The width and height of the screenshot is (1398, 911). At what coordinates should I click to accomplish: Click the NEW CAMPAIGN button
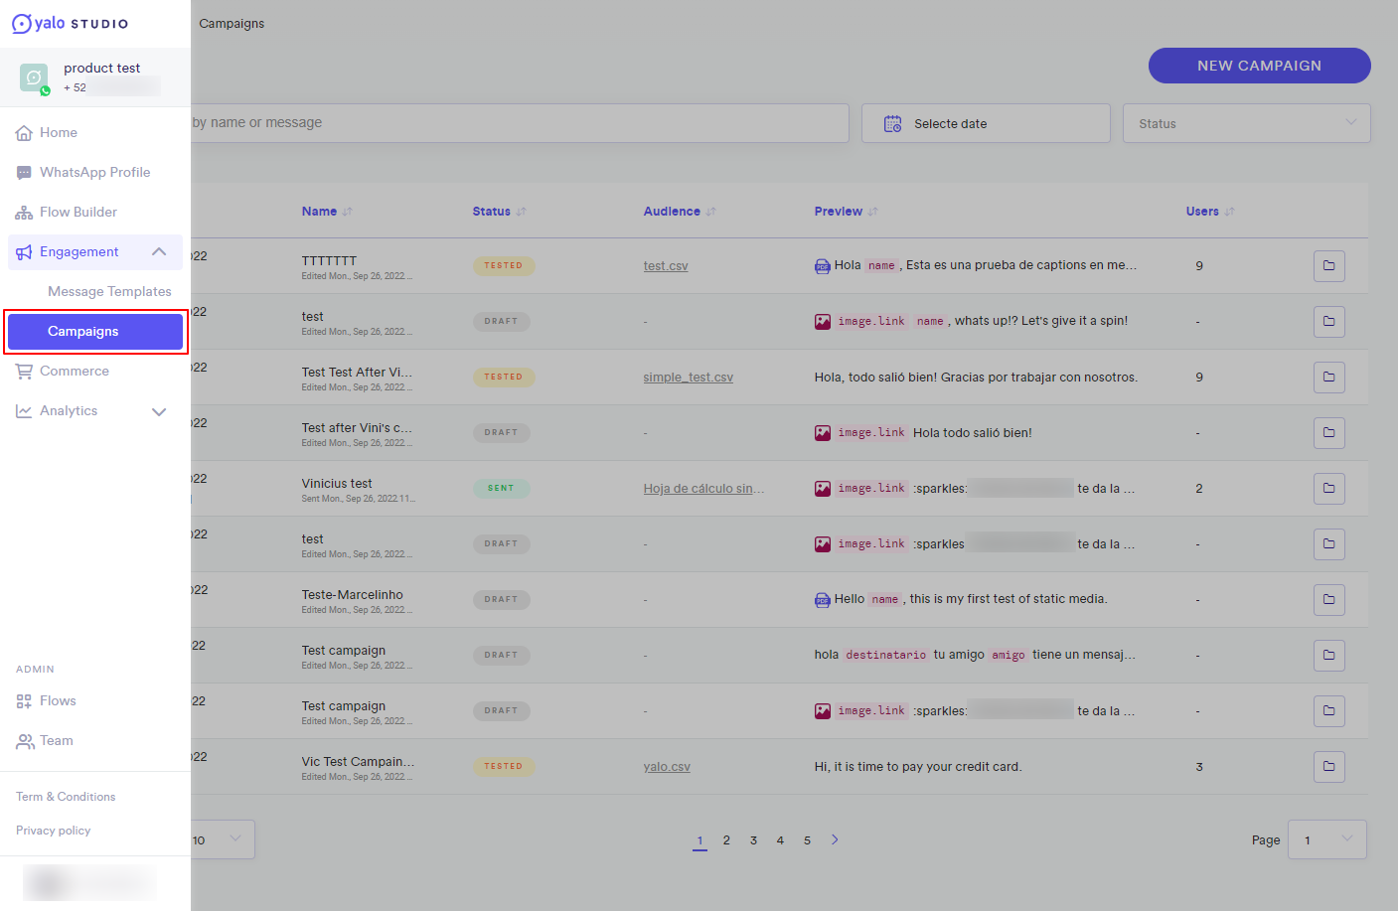1259,66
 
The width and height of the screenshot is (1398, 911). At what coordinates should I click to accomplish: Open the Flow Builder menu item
78,212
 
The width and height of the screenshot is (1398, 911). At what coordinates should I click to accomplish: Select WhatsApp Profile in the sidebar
94,172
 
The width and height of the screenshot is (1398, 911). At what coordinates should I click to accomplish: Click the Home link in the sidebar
58,132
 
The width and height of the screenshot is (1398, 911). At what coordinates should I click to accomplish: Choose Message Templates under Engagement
109,291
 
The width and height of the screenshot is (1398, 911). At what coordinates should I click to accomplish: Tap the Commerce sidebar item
74,371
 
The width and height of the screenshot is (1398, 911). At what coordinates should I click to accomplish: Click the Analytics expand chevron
159,411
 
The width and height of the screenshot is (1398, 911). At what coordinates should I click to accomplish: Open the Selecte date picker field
985,123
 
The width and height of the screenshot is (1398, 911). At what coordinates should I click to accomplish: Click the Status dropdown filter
1246,123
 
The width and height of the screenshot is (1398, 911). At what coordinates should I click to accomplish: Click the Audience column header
672,212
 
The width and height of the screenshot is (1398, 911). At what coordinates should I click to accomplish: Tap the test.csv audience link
666,266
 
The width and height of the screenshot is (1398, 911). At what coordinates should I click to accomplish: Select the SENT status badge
501,489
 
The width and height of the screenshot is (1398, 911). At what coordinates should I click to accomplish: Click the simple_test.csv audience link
688,378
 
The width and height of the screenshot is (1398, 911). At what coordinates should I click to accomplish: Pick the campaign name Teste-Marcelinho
353,595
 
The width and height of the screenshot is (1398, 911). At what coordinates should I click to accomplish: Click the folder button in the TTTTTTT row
1328,266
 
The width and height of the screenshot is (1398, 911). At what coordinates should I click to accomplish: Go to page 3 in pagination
753,840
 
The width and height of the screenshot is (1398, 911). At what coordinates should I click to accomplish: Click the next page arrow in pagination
835,839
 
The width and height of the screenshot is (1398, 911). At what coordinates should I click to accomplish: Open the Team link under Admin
56,740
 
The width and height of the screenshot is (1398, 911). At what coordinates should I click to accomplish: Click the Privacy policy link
53,831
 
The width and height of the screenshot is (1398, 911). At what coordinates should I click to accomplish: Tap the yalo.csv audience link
667,767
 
